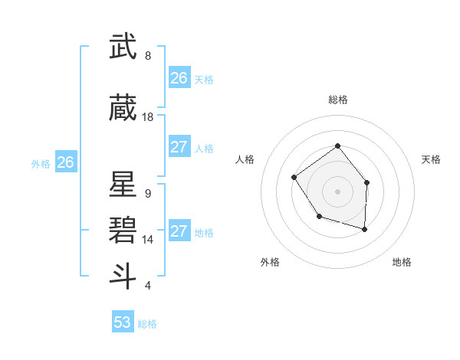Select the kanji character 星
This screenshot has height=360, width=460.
point(123,185)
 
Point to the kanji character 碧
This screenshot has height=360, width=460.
point(123,229)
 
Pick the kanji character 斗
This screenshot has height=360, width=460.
point(123,275)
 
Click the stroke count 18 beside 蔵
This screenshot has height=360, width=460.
point(148,117)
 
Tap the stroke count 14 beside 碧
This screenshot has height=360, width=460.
point(148,240)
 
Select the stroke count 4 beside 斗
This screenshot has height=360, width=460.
point(148,286)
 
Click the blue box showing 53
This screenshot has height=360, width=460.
point(123,322)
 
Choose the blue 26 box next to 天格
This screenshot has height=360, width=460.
point(179,78)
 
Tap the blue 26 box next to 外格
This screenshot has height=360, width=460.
point(66,162)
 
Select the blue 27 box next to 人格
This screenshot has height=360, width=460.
point(179,147)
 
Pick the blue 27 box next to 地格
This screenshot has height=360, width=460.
point(179,231)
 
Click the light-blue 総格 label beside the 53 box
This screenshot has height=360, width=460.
point(147,324)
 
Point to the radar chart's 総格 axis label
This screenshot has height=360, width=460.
point(337,100)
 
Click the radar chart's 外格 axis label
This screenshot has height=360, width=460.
point(270,262)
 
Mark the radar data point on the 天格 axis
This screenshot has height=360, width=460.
point(367,183)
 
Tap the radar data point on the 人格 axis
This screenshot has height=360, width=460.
point(294,178)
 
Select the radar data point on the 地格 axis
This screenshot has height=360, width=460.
point(365,229)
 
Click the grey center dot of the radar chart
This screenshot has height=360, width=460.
point(337,191)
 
